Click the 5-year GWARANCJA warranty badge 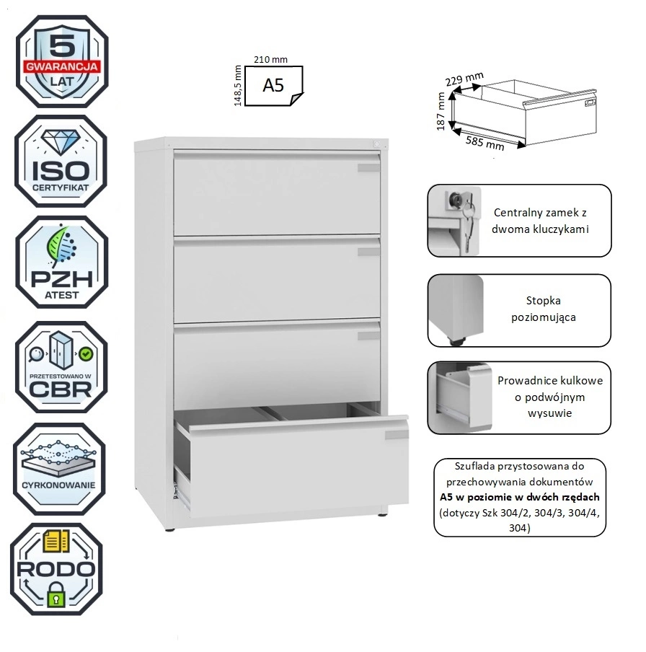(62, 61)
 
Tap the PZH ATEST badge (62, 263)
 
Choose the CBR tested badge (61, 366)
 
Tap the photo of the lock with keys (455, 220)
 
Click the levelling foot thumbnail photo (455, 309)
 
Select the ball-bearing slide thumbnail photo (455, 397)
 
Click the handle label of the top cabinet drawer (368, 168)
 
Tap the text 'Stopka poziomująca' (544, 309)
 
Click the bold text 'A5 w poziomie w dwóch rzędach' (519, 497)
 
